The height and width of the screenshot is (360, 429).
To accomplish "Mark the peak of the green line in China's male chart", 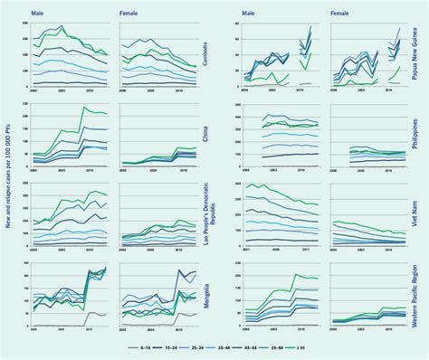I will click(85, 108).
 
